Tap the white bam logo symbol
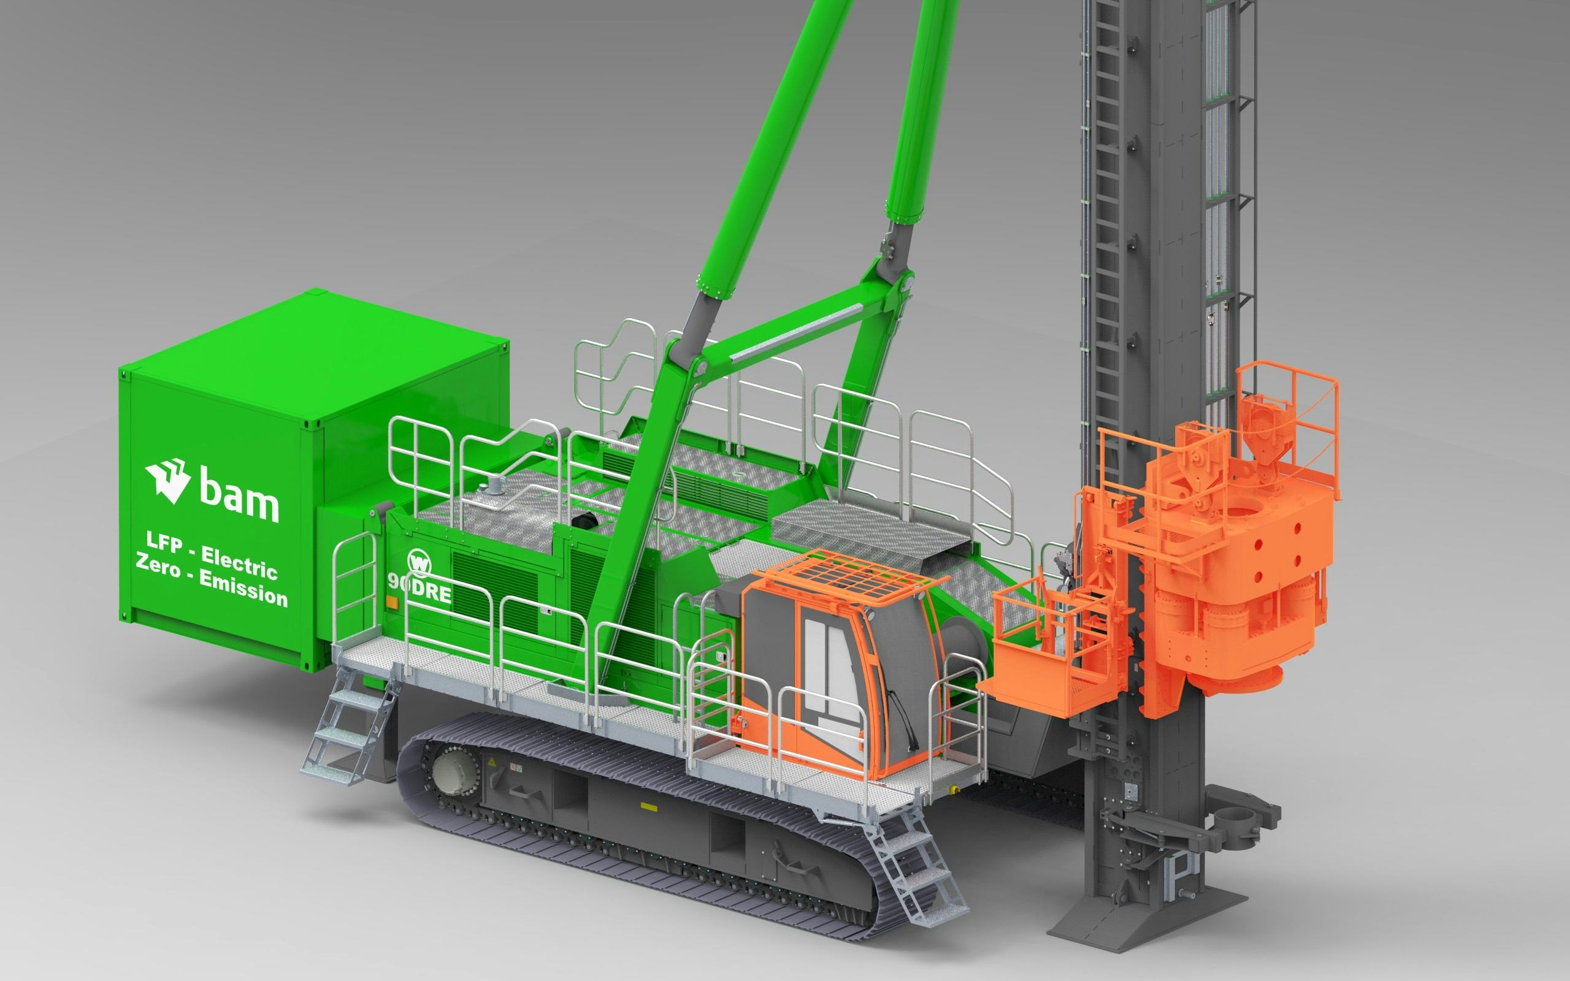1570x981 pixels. pyautogui.click(x=167, y=480)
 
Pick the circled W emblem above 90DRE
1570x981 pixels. pyautogui.click(x=419, y=562)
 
